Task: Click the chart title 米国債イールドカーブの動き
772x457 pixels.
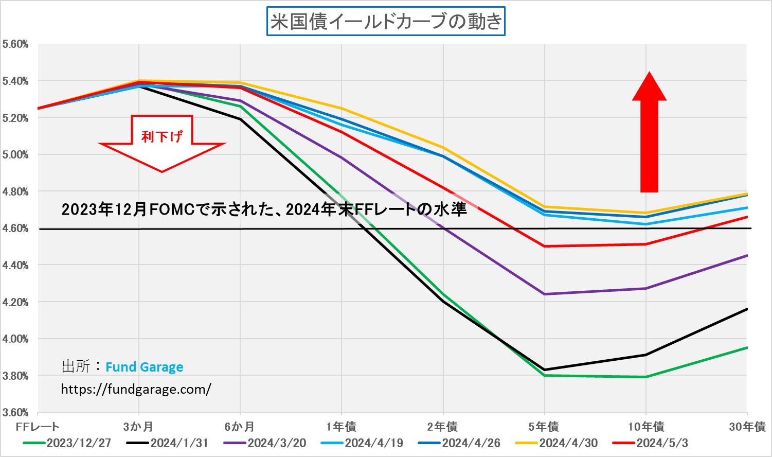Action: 386,21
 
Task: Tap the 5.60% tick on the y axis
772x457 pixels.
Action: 15,44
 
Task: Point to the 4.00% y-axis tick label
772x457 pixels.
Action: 15,339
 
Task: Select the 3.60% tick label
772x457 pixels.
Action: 15,412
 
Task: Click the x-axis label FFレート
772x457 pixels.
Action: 38,427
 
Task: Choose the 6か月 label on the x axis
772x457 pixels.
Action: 240,427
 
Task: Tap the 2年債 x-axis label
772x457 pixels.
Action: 442,427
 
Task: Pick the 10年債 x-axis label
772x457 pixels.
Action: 646,427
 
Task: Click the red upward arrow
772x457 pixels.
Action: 649,134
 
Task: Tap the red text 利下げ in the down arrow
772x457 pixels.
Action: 162,136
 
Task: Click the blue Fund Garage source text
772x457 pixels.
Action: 144,367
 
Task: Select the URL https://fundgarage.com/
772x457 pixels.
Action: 136,389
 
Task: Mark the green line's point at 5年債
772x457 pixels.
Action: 544,375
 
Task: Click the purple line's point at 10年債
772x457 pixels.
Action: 646,288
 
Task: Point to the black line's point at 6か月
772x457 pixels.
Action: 240,119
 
